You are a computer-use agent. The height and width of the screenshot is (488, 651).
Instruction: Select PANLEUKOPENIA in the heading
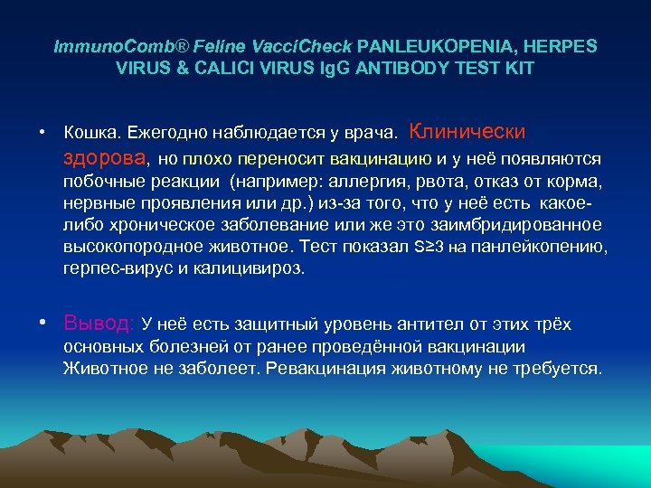click(x=420, y=45)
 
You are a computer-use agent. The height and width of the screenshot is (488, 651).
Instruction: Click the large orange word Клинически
click(x=467, y=131)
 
